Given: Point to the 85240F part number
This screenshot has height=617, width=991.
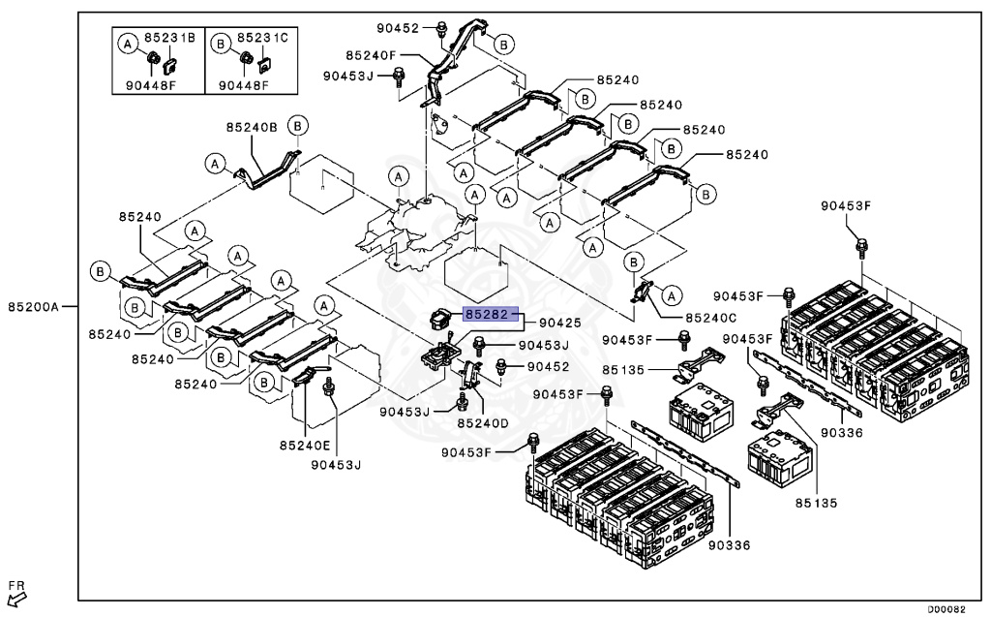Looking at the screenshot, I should click(x=369, y=55).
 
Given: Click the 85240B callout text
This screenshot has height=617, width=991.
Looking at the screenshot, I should click(x=252, y=127).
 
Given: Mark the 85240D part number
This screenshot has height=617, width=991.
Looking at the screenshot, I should click(x=483, y=422).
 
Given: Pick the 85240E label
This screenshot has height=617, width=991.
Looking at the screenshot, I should click(x=305, y=445).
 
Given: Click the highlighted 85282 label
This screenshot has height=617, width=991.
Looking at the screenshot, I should click(x=491, y=315).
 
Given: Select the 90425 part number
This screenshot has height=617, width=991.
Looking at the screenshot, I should click(x=559, y=323).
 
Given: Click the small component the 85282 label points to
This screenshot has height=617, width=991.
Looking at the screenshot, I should click(x=442, y=318).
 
